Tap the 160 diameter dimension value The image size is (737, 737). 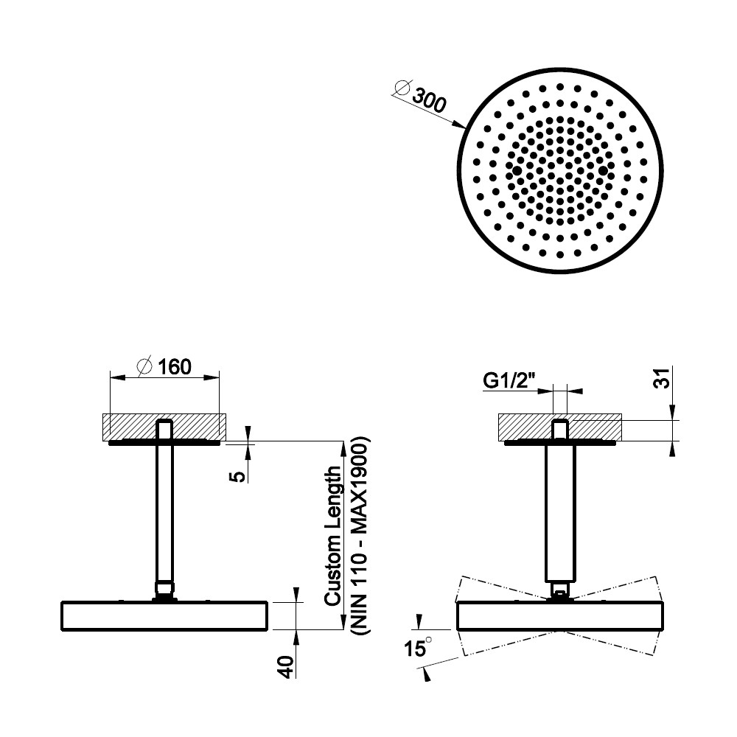(175, 367)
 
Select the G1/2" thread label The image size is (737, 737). (509, 381)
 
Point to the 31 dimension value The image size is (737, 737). (662, 377)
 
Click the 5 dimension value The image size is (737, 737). (240, 476)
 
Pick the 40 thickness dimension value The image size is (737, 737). (287, 667)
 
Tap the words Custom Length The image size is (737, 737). (333, 536)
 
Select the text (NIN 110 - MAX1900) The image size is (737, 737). (361, 537)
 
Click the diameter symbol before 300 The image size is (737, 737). (403, 88)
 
